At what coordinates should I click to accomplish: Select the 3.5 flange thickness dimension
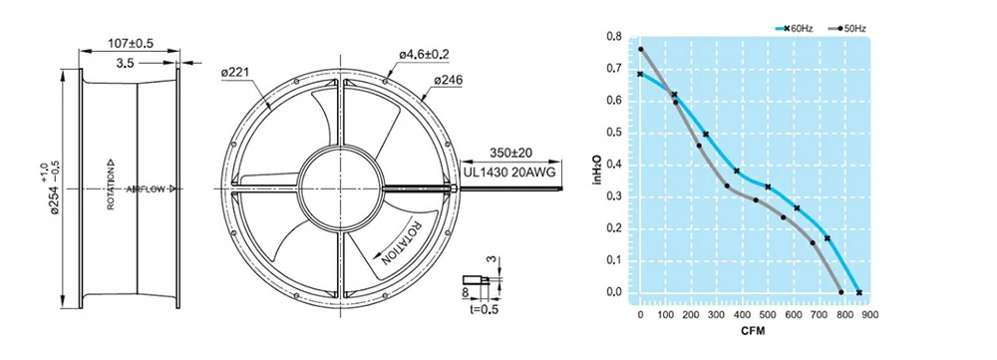coord(125,63)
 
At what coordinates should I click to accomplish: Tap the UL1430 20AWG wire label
coord(507,172)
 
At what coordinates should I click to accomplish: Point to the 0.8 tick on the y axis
coord(614,38)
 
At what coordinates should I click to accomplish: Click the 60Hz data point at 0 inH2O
coord(859,292)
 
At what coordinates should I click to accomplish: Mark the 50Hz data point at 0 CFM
coord(641,49)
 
